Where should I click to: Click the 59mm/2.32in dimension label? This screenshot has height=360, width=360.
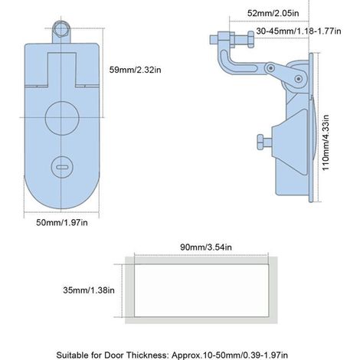(135, 70)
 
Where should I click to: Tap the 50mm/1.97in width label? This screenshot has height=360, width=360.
(62, 223)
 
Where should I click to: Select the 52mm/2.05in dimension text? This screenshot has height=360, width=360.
(273, 13)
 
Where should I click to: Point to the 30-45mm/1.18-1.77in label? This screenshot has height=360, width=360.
(299, 31)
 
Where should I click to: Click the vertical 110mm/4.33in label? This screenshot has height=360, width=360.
(326, 142)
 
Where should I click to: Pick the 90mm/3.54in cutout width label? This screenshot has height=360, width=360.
(206, 247)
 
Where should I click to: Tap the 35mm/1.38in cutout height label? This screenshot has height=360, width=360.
(89, 290)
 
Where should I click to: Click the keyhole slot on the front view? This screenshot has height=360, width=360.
(62, 167)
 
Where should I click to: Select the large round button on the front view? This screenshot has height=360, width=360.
(62, 118)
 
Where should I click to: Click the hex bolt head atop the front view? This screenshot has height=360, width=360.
(61, 29)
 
